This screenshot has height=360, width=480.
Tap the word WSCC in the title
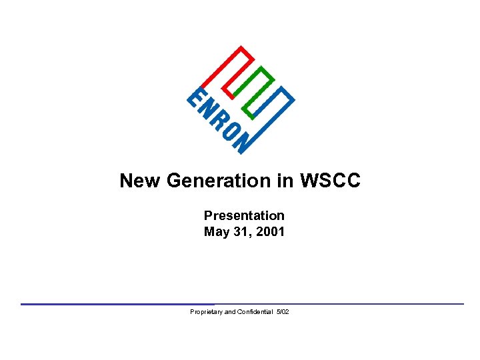point(330,181)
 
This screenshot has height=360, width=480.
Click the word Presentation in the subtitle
point(244,215)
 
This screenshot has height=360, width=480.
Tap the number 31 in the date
point(243,232)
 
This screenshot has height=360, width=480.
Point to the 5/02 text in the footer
point(283,312)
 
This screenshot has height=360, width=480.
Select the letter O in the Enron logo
point(229,133)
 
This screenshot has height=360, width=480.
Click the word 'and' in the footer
point(229,312)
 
